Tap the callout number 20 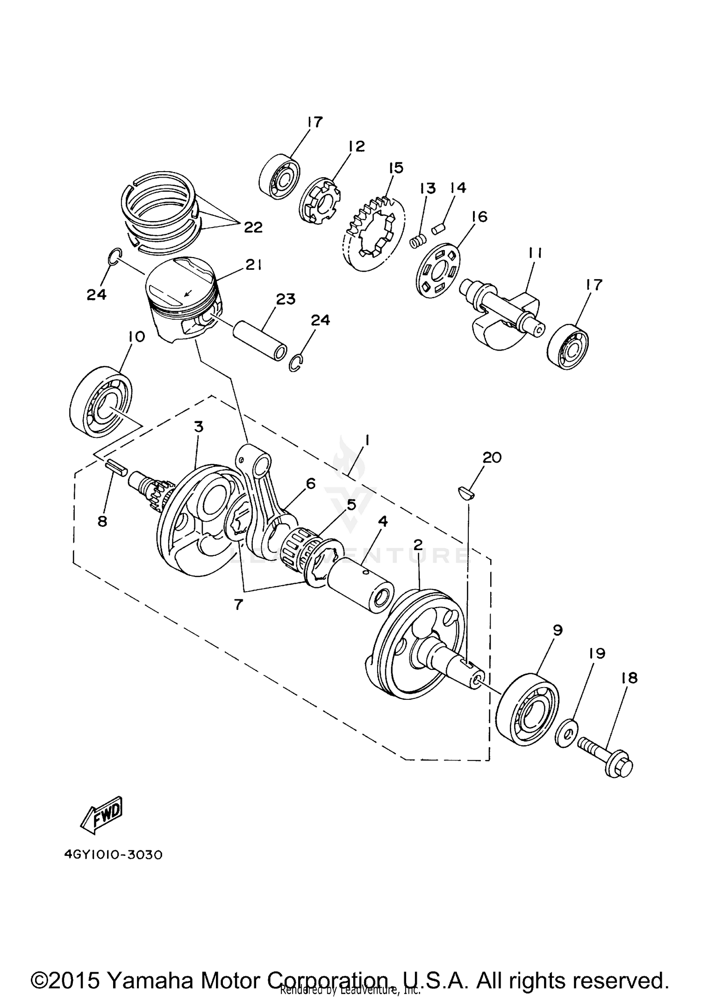click(492, 457)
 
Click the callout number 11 click(535, 253)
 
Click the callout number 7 click(238, 604)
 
